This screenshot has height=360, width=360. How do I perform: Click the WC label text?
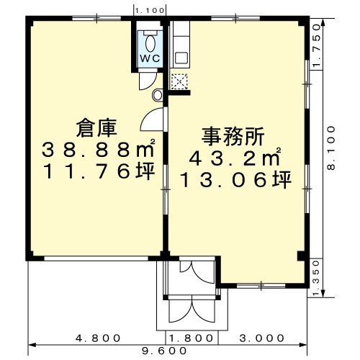150,58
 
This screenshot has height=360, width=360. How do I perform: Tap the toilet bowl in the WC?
150,43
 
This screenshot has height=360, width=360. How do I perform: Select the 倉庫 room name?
96,128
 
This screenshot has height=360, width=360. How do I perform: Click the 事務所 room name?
233,137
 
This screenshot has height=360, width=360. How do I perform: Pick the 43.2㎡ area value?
235,158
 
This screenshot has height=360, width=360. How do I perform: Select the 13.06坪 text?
236,180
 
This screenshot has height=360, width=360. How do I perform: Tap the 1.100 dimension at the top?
150,10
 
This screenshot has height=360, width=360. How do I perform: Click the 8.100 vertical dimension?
331,148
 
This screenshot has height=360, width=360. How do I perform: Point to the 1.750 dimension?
317,45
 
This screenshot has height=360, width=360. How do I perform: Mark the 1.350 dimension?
317,279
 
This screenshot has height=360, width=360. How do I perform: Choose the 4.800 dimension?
98,338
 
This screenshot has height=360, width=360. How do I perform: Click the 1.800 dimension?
192,338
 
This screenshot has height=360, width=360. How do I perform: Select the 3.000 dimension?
262,338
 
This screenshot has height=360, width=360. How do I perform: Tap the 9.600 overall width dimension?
164,351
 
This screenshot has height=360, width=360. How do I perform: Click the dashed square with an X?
179,81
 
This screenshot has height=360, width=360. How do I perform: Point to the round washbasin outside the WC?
158,95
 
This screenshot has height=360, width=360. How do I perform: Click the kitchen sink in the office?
181,58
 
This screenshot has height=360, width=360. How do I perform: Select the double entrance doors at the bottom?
192,309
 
